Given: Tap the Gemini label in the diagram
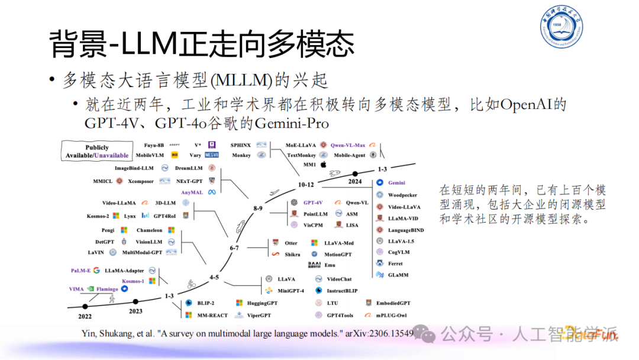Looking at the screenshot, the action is (x=396, y=183).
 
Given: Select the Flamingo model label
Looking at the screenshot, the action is (x=107, y=289).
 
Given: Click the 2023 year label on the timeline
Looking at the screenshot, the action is (x=135, y=311).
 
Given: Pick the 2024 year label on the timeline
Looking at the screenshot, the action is (x=355, y=182).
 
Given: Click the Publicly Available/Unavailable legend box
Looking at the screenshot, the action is (x=97, y=152).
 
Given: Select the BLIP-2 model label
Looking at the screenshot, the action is (x=205, y=303).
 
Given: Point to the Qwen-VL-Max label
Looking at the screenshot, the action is (x=348, y=144).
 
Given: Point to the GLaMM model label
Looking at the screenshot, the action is (x=398, y=274).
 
